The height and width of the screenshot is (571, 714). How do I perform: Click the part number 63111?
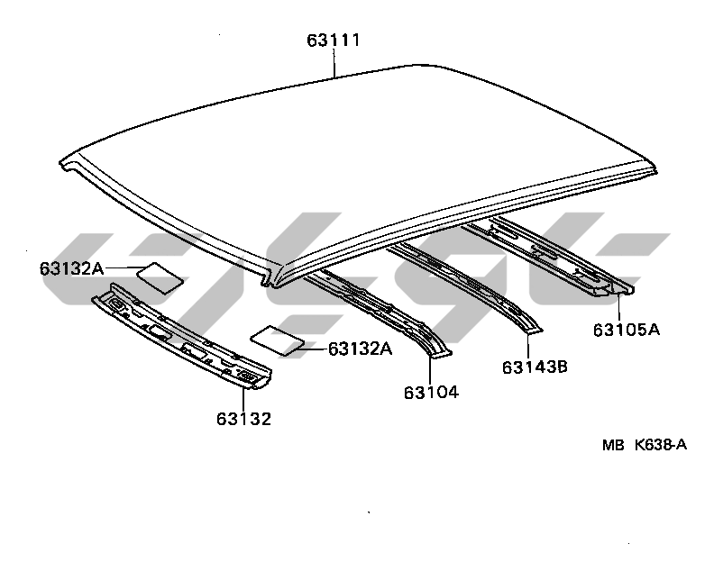[334, 41]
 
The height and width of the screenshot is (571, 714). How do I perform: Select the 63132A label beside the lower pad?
[360, 349]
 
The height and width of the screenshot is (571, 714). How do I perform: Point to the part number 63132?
[243, 418]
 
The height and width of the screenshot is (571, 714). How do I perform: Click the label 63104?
[431, 392]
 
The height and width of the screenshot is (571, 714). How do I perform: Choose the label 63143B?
[534, 367]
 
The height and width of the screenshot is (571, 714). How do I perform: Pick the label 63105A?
[627, 330]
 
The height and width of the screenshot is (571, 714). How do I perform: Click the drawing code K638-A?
[661, 444]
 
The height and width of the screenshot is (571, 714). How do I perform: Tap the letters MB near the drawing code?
[614, 444]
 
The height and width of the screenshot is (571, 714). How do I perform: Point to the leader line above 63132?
[243, 399]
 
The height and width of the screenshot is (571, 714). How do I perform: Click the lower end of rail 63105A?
[618, 290]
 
